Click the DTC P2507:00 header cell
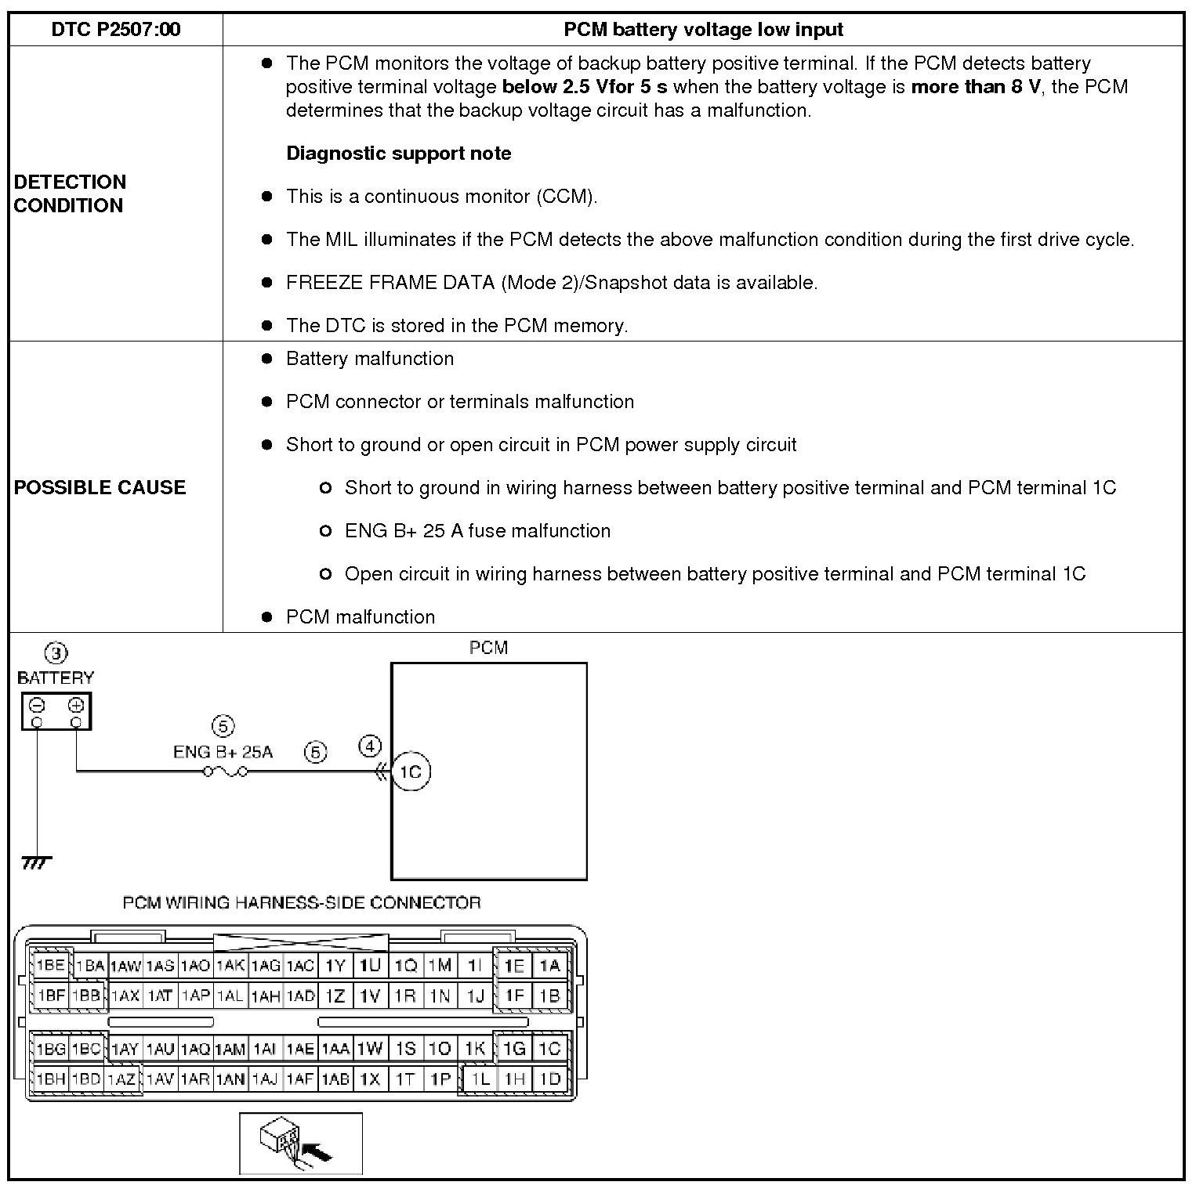[x=115, y=30]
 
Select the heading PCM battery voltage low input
[x=703, y=30]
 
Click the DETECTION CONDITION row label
[x=70, y=193]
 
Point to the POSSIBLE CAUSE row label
[x=100, y=487]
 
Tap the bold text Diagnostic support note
[x=398, y=154]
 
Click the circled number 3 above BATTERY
[x=56, y=652]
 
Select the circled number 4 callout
[x=370, y=746]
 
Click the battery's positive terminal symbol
[x=76, y=705]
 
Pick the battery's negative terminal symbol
[x=37, y=705]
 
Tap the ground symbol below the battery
[x=36, y=862]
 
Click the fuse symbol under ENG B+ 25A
[x=226, y=772]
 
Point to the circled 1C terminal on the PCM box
[x=411, y=772]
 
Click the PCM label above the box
[x=488, y=648]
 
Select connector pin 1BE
[x=50, y=965]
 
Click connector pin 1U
[x=370, y=965]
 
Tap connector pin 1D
[x=550, y=1079]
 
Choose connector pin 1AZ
[x=121, y=1079]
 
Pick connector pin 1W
[x=370, y=1048]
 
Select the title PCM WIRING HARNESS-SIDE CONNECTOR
[x=302, y=902]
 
